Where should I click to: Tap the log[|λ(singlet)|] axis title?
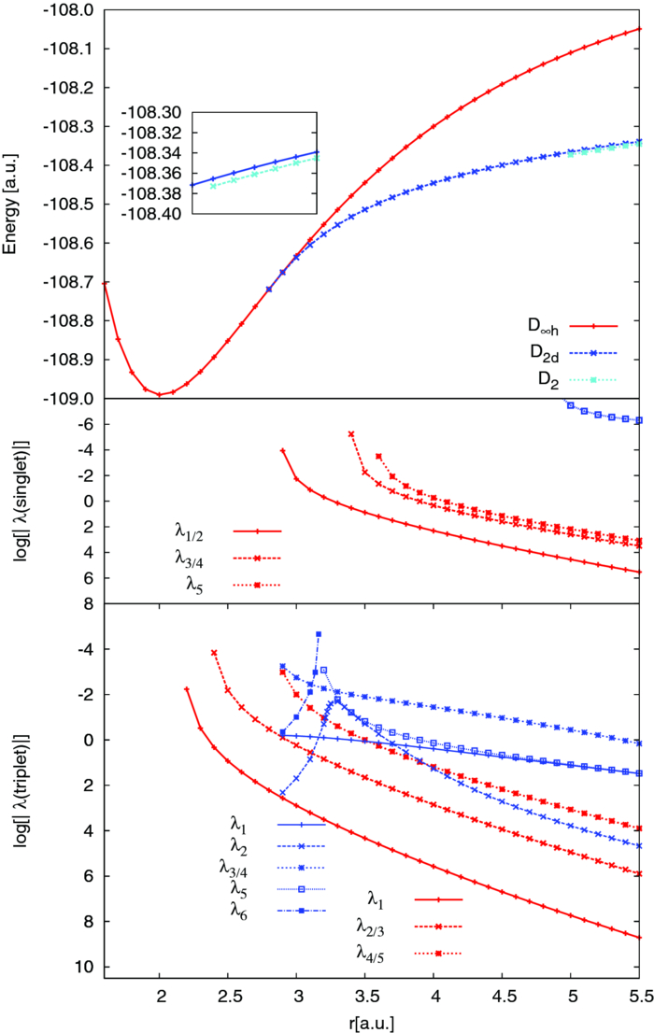12,501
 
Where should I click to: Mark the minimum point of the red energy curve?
160,394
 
